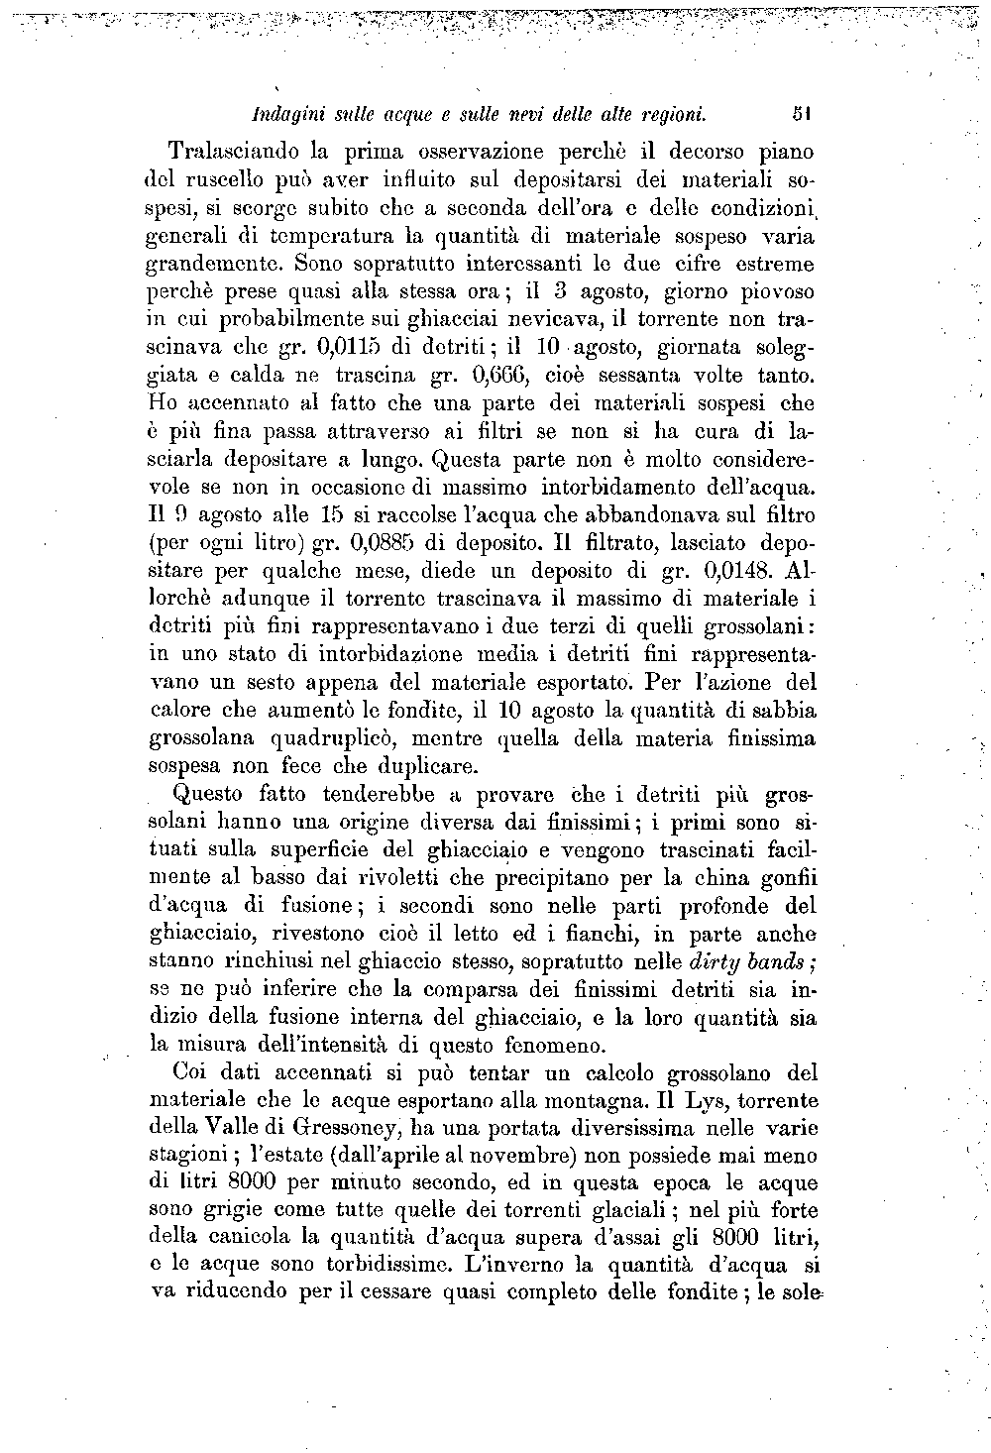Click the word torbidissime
click(x=348, y=1265)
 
